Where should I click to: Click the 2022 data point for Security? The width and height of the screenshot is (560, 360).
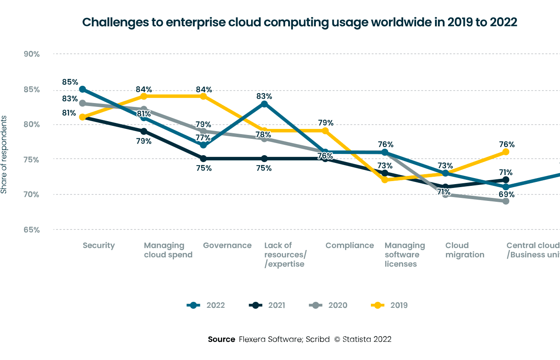[x=82, y=89]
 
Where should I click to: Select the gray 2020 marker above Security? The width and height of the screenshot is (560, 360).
[x=82, y=103]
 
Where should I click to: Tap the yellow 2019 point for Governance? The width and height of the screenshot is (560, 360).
[x=203, y=96]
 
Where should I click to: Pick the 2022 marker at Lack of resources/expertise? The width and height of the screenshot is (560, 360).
[x=264, y=103]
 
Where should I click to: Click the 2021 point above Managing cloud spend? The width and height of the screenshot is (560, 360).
[x=143, y=131]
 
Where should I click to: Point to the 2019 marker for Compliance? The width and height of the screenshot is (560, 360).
[x=325, y=131]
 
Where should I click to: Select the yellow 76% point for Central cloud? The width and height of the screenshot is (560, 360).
[x=506, y=152]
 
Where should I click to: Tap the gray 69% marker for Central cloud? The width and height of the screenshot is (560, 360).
[x=506, y=201]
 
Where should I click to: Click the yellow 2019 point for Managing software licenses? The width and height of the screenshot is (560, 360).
[x=385, y=180]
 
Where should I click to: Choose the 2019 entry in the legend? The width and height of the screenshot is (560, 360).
[x=389, y=305]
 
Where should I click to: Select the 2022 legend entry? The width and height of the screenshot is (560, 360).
[x=206, y=305]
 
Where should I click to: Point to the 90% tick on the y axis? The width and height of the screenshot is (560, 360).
[x=31, y=54]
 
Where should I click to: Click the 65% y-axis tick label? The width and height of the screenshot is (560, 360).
[x=31, y=230]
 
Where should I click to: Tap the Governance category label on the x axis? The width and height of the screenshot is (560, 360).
[x=227, y=245]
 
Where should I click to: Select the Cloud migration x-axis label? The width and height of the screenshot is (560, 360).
[x=465, y=250]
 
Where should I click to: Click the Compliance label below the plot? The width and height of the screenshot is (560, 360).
[x=349, y=245]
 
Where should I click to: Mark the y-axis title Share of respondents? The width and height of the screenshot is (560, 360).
[x=4, y=154]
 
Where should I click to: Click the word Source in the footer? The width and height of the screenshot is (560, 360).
[x=221, y=339]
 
